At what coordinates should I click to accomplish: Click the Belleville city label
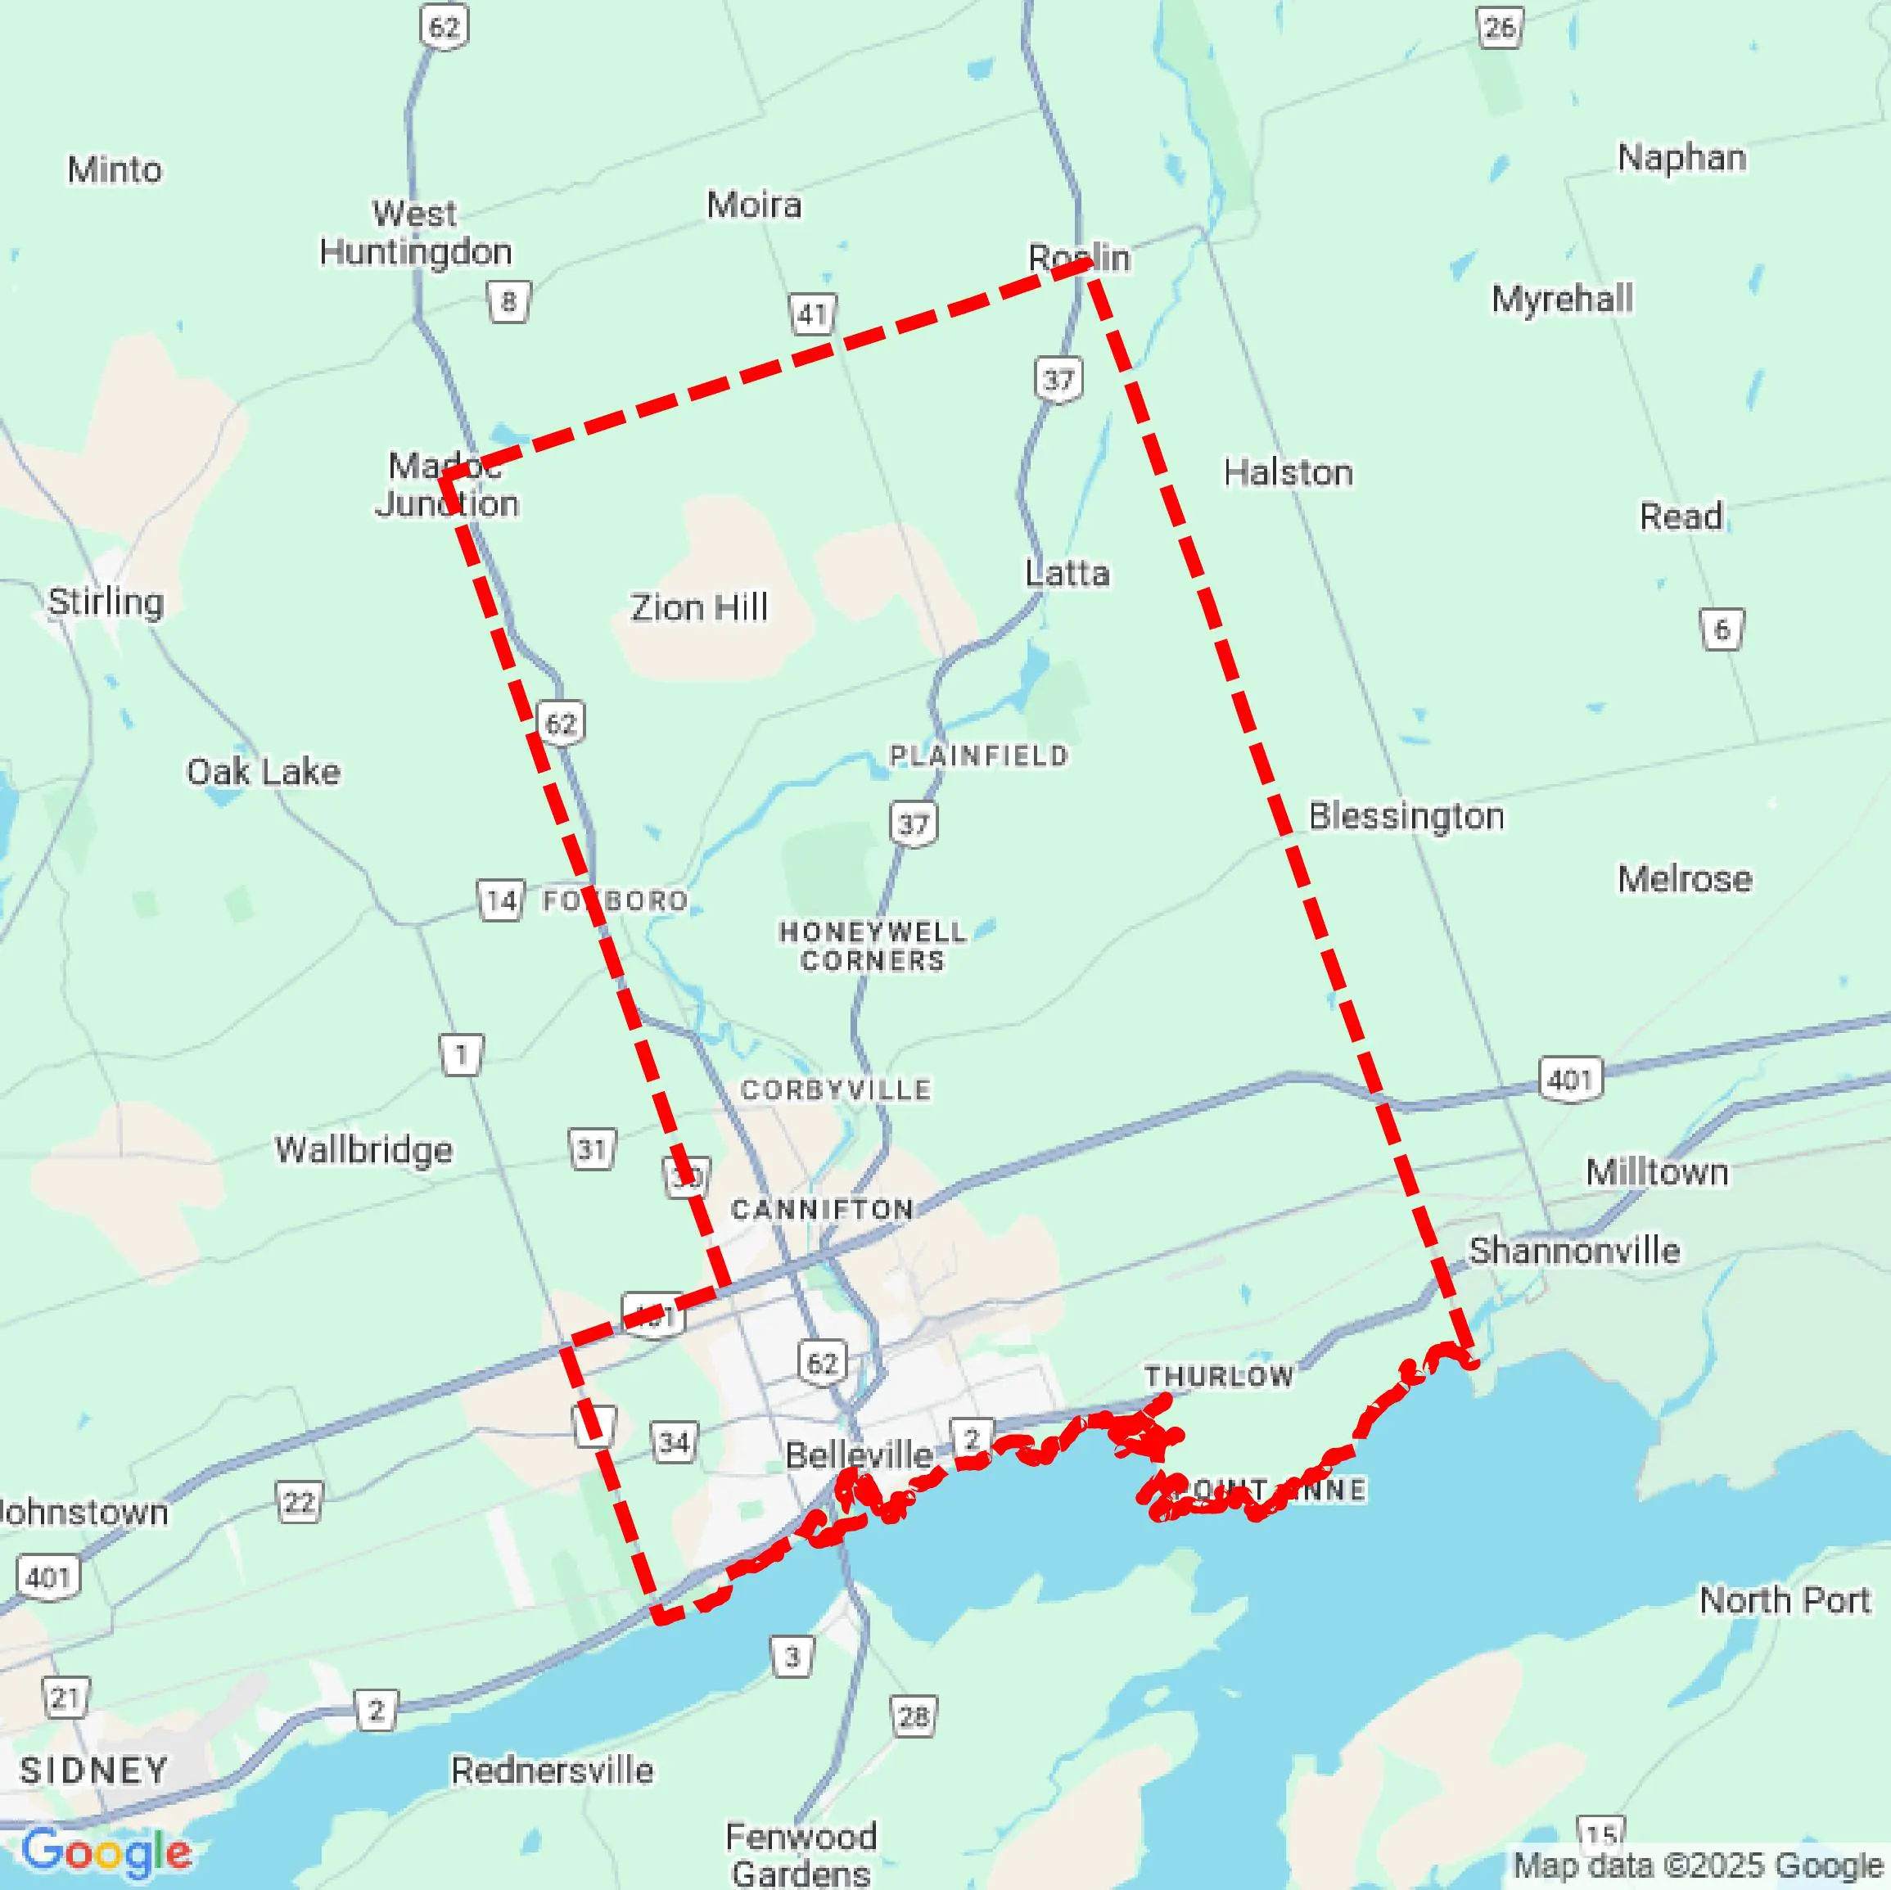(859, 1455)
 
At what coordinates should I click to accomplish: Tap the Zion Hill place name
(699, 608)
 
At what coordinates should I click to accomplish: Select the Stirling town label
(106, 601)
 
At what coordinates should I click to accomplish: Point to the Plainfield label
(977, 756)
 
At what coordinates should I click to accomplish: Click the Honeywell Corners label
(872, 945)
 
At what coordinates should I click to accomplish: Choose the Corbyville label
(836, 1090)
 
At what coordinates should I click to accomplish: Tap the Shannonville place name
(1574, 1251)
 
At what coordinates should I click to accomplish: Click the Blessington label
(1406, 816)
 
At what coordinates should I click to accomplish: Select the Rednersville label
(552, 1770)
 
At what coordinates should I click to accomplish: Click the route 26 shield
(1499, 27)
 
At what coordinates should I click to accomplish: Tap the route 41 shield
(812, 315)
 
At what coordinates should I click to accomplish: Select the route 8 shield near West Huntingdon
(508, 301)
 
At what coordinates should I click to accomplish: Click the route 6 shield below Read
(1722, 629)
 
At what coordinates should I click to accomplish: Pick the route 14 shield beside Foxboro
(500, 900)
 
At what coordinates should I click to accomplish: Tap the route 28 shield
(914, 1716)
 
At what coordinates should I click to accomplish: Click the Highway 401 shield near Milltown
(1570, 1080)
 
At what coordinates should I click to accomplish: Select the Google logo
(106, 1852)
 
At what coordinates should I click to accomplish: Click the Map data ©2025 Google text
(1698, 1866)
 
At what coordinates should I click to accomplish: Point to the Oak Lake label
(264, 772)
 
